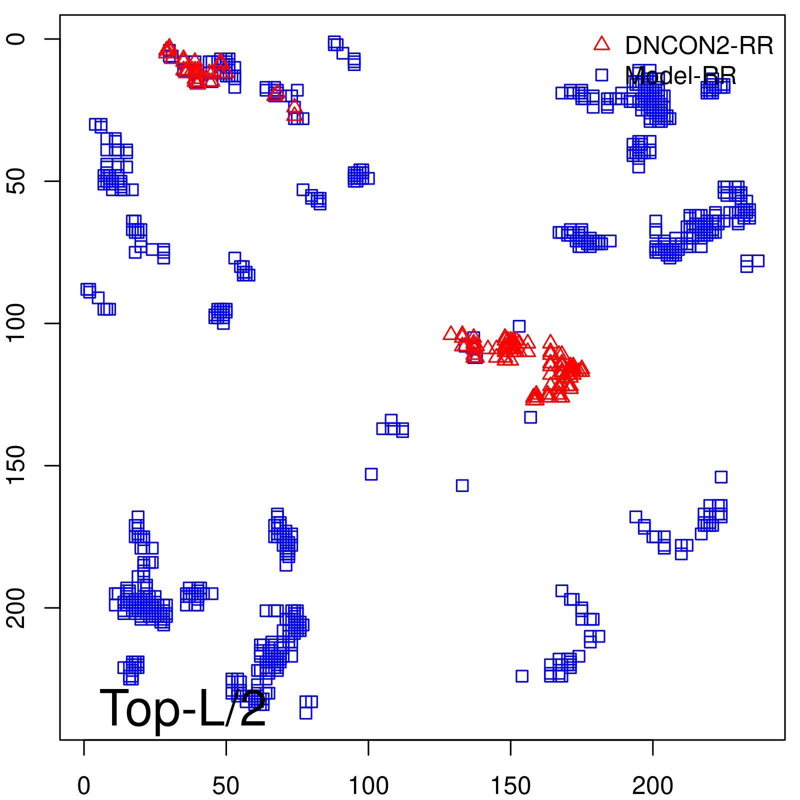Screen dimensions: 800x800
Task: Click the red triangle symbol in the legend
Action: [601, 44]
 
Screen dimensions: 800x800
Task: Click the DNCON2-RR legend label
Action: [699, 45]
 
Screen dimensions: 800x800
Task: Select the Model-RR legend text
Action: [680, 76]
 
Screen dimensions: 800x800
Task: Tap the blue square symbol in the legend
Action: [601, 75]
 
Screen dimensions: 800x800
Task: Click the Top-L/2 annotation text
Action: [182, 708]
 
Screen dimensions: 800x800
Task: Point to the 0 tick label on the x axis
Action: [84, 786]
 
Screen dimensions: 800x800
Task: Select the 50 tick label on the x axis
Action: [226, 786]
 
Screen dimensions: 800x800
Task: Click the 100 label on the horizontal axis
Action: [368, 786]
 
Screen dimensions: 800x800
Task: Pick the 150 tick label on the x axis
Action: [510, 786]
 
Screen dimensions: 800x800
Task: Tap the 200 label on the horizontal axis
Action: [652, 786]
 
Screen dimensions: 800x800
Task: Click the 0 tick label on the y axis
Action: [17, 39]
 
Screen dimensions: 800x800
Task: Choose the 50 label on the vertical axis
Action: [17, 181]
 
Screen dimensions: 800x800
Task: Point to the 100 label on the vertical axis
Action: [17, 323]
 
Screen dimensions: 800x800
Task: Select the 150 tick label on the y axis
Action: [17, 465]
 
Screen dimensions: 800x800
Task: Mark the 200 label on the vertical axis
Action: [17, 607]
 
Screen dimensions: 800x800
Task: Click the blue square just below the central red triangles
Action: [530, 417]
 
